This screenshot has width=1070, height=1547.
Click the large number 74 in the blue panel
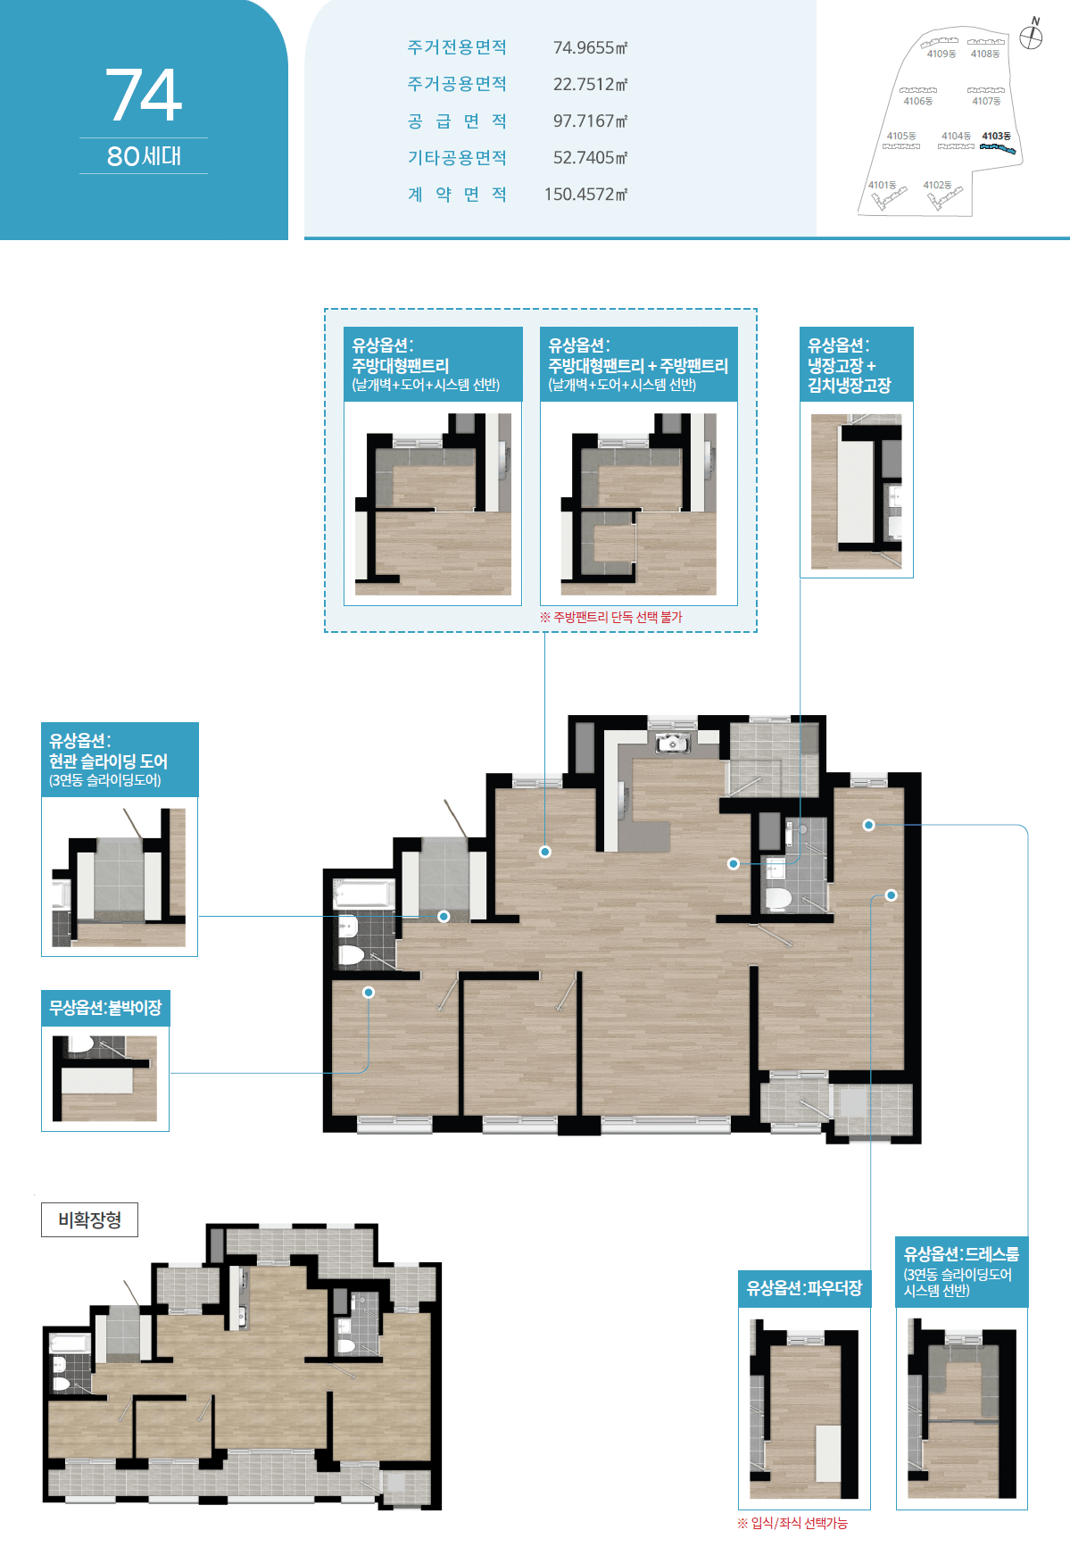(x=144, y=95)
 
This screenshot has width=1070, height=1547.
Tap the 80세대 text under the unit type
(x=144, y=156)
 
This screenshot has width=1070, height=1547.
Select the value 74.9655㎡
(x=590, y=47)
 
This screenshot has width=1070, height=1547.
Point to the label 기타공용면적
(x=457, y=157)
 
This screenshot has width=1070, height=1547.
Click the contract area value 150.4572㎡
(x=585, y=194)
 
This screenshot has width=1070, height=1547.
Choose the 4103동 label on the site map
(x=996, y=137)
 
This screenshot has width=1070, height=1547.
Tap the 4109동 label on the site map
(x=941, y=54)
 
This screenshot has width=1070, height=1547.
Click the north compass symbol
(x=1032, y=36)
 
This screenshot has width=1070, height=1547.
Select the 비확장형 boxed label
(x=89, y=1219)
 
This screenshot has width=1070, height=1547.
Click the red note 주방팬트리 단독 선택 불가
(x=610, y=617)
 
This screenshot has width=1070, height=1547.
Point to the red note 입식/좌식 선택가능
(x=792, y=1523)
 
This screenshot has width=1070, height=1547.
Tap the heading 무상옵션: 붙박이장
(x=105, y=1008)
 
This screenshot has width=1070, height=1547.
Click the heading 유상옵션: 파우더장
(x=804, y=1288)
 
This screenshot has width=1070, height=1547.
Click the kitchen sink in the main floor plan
(x=671, y=742)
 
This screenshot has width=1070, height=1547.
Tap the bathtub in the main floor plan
(x=363, y=894)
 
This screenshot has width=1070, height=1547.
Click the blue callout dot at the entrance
(x=444, y=916)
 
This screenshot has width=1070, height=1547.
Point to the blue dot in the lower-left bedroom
(x=369, y=992)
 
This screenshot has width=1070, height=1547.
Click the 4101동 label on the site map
(x=882, y=185)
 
